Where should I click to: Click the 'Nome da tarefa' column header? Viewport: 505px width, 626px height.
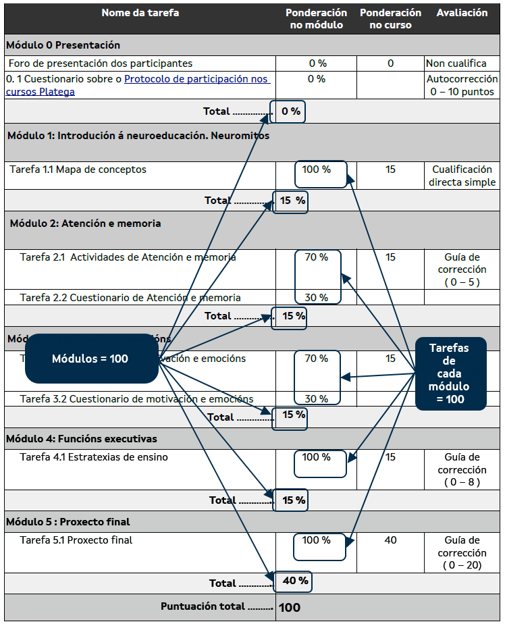(140, 14)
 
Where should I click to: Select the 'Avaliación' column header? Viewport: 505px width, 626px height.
(462, 14)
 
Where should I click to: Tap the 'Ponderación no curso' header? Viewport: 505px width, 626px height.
(390, 19)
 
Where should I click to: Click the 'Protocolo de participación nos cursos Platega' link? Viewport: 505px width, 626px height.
(196, 80)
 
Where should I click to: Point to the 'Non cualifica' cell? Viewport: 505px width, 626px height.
(456, 63)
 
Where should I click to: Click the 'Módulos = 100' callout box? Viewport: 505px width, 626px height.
(90, 359)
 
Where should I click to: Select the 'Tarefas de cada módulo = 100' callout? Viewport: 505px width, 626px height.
(450, 373)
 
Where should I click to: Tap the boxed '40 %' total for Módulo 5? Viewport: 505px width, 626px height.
(294, 581)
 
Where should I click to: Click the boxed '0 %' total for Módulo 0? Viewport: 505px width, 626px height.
(290, 111)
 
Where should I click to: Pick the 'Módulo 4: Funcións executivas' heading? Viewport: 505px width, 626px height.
(81, 439)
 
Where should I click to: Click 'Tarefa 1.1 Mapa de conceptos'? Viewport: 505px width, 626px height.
(78, 169)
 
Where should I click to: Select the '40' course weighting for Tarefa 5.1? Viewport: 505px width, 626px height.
(390, 540)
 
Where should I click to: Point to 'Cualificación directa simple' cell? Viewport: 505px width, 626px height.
(462, 176)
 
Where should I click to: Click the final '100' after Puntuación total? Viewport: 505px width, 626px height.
(290, 607)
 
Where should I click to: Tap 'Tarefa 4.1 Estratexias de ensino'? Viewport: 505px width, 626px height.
(94, 457)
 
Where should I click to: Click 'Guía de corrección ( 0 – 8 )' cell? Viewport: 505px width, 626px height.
(462, 469)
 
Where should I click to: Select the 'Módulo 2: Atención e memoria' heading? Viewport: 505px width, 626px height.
(85, 224)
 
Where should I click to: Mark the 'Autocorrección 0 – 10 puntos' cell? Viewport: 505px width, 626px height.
(462, 86)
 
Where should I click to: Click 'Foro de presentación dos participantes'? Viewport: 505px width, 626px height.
(101, 63)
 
